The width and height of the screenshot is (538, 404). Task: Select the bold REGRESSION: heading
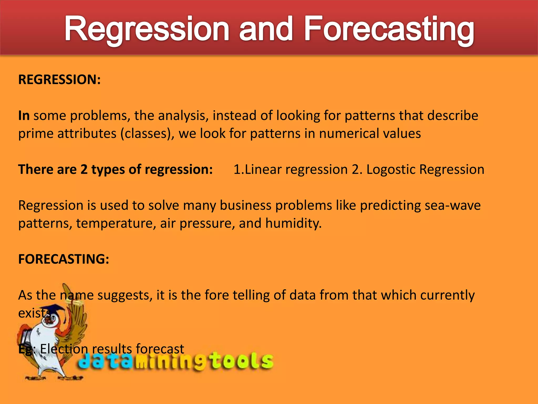click(59, 79)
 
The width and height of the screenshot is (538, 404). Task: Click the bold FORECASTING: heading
click(64, 259)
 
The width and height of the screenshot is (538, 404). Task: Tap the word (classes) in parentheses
click(147, 134)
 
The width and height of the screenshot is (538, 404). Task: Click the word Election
click(64, 349)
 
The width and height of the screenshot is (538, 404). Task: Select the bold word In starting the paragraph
click(24, 116)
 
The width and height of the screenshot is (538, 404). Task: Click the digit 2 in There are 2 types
click(84, 169)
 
